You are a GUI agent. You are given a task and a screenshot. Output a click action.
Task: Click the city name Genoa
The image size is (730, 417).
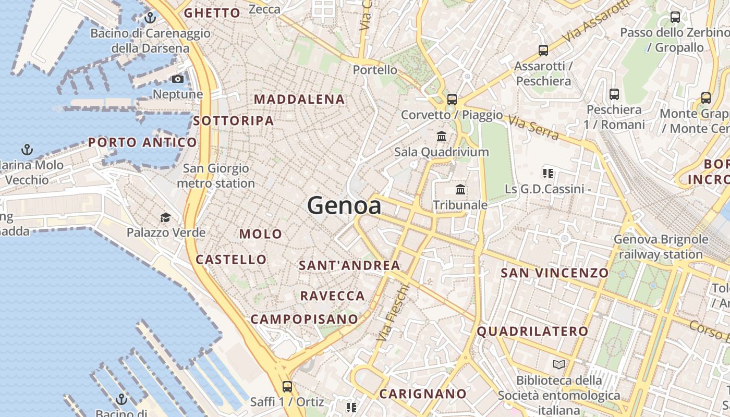(x=344, y=205)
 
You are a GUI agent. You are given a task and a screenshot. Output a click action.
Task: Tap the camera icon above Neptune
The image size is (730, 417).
(x=178, y=79)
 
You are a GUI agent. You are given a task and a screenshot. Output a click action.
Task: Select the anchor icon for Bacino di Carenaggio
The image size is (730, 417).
(x=150, y=18)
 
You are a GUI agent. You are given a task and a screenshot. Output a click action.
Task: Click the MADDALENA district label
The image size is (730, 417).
(x=299, y=99)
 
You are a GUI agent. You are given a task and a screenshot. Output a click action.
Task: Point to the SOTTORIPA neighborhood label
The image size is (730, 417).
(x=233, y=121)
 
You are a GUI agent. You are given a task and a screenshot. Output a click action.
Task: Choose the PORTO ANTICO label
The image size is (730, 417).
(x=142, y=142)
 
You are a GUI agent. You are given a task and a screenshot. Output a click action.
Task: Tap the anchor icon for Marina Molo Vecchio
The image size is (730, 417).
(x=27, y=150)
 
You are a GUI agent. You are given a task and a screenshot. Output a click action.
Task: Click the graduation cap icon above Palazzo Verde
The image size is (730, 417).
(x=165, y=217)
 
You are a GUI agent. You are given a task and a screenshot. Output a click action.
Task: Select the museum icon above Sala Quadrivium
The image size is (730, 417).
(x=442, y=137)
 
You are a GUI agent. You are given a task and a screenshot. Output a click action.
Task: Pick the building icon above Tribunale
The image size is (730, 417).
(x=460, y=189)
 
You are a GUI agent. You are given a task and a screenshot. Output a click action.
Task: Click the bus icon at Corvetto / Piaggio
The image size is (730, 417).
(x=452, y=99)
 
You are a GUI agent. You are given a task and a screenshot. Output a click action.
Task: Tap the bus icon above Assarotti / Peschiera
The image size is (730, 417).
(x=543, y=51)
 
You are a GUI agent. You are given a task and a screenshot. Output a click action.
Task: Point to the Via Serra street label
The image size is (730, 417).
(x=533, y=128)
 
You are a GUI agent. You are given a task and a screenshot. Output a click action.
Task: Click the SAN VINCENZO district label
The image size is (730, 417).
(x=554, y=273)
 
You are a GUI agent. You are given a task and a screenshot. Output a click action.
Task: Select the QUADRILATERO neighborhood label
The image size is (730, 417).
(x=532, y=331)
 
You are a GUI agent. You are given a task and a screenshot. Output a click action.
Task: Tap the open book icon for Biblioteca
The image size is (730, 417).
(x=559, y=365)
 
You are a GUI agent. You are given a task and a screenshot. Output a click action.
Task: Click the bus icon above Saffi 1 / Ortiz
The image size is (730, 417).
(x=287, y=387)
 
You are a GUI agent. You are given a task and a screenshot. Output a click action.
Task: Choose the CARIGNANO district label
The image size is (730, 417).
(x=422, y=394)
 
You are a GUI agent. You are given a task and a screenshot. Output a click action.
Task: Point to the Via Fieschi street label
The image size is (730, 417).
(x=393, y=313)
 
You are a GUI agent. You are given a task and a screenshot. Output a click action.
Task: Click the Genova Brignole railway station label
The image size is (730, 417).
(x=661, y=247)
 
